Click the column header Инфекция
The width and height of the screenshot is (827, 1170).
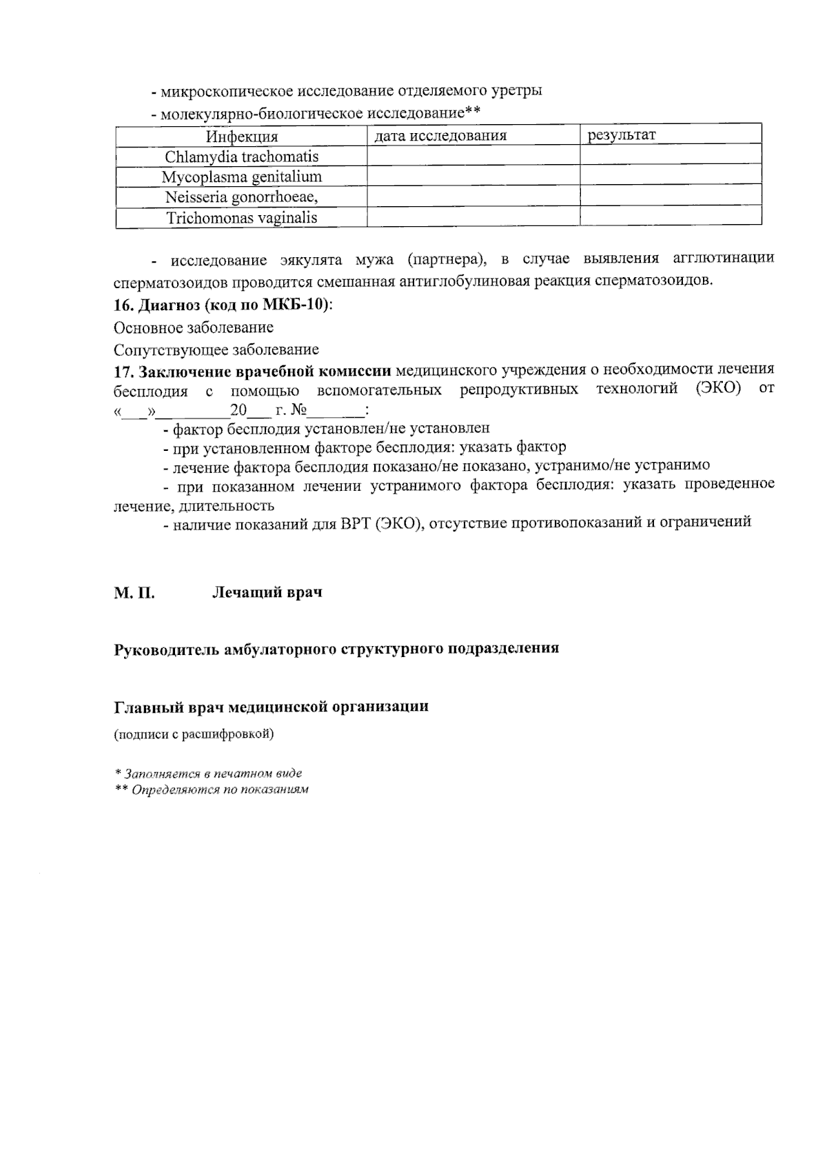(241, 137)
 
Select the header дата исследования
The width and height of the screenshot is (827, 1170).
(440, 136)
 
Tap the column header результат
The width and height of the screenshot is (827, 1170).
(621, 135)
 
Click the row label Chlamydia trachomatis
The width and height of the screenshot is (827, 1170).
(241, 157)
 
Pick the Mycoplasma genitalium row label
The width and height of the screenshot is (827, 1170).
(241, 177)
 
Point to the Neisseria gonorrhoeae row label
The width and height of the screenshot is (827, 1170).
(241, 198)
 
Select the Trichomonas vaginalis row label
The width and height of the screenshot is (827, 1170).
(241, 219)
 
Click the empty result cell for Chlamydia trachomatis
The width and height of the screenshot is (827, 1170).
(670, 156)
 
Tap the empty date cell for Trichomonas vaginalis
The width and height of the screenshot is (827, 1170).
(473, 218)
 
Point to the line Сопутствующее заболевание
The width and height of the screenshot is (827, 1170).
(216, 350)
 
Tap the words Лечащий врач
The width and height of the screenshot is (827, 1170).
(267, 592)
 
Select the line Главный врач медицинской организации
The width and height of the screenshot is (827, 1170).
(271, 707)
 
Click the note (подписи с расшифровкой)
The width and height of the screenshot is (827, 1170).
(194, 734)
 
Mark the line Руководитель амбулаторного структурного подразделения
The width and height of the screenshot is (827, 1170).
(336, 649)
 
